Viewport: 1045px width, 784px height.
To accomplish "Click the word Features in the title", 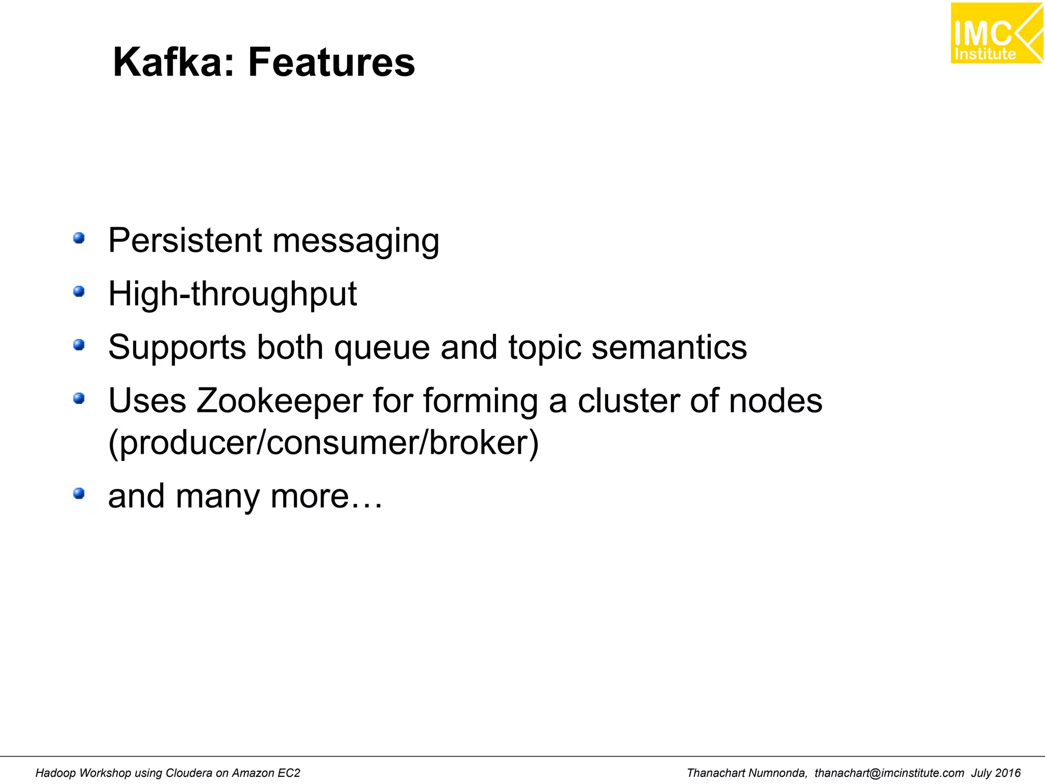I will pyautogui.click(x=332, y=62).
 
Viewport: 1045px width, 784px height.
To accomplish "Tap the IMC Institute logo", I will pyautogui.click(x=996, y=33).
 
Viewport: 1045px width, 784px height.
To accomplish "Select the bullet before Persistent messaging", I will pyautogui.click(x=79, y=238).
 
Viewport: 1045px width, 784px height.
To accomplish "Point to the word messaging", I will pyautogui.click(x=356, y=241).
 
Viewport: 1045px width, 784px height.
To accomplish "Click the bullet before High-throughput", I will pyautogui.click(x=79, y=291).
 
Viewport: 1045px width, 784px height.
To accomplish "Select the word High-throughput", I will pyautogui.click(x=232, y=295).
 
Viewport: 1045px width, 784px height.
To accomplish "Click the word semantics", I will pyautogui.click(x=669, y=347).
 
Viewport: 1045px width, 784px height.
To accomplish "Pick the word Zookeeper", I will pyautogui.click(x=279, y=401).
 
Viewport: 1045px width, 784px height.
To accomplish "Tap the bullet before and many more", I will pyautogui.click(x=79, y=494).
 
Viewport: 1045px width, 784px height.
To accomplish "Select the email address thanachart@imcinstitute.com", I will pyautogui.click(x=889, y=773).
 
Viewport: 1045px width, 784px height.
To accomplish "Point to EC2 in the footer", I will pyautogui.click(x=289, y=773).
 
